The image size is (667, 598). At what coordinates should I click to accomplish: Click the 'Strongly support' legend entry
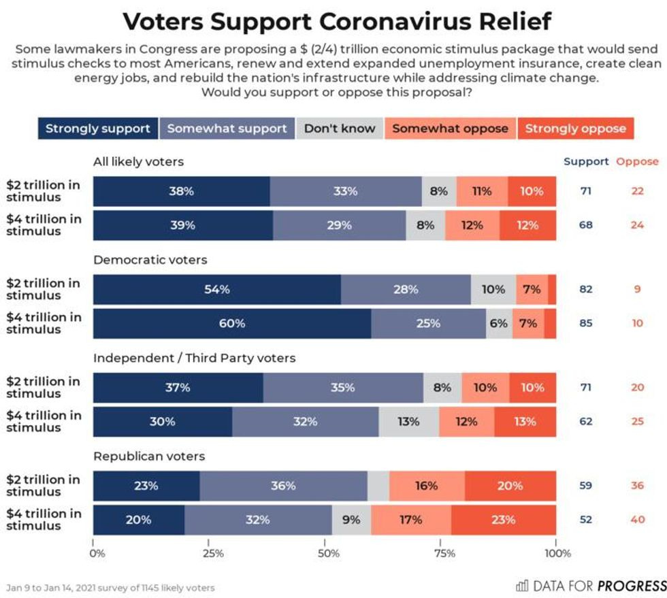tap(98, 129)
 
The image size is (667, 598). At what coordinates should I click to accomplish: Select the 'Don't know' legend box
tap(340, 129)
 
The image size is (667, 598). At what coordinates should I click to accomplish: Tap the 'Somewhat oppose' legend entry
tap(450, 129)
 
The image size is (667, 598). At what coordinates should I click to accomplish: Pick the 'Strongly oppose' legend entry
tap(575, 129)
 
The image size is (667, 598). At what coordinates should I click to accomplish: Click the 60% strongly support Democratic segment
tap(232, 323)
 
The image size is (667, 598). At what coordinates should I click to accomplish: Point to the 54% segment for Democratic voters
tap(217, 289)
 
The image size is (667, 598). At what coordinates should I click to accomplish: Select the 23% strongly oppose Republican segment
tap(504, 520)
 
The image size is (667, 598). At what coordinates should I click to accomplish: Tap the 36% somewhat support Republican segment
tap(283, 486)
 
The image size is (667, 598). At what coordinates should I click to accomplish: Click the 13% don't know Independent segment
tap(408, 422)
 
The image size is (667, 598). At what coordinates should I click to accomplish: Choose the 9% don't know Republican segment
tap(352, 520)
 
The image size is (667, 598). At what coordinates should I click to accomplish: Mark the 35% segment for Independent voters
tap(343, 388)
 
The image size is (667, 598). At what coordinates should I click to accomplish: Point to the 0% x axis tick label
tap(97, 553)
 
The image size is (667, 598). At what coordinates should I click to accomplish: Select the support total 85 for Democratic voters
tap(585, 323)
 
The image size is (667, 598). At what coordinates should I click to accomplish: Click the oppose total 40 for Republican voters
tap(637, 520)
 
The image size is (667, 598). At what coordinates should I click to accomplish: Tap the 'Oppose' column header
tap(637, 162)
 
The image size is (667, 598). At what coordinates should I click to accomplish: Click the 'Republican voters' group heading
tap(149, 456)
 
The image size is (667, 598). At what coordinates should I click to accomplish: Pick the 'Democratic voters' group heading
tap(150, 259)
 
